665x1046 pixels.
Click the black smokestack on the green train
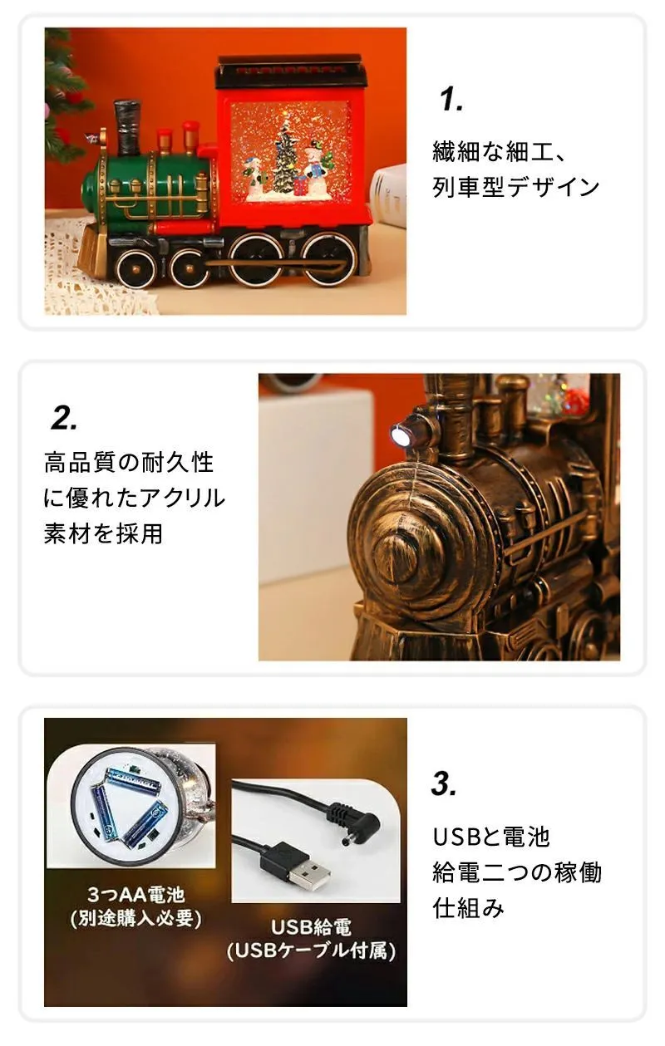coord(127,126)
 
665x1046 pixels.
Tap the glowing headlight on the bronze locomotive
coord(400,435)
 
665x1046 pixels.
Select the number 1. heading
coord(451,100)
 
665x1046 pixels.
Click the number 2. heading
coord(64,419)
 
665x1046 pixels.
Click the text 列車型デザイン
coord(516,187)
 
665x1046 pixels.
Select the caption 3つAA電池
coord(136,894)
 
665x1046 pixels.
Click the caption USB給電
coord(311,927)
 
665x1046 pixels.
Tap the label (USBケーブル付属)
coord(311,950)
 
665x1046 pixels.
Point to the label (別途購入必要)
coord(136,918)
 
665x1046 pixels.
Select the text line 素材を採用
coord(103,533)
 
